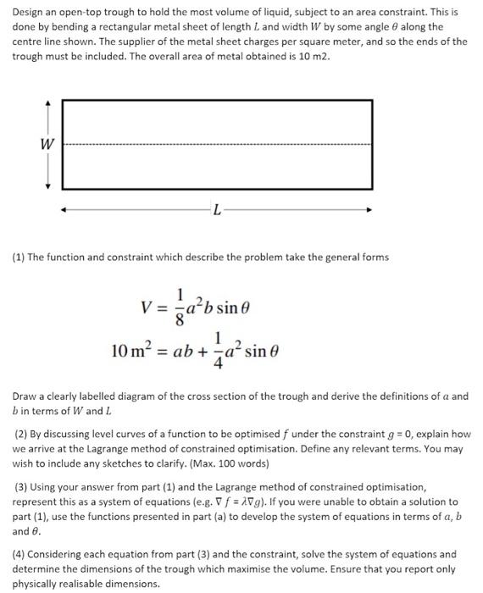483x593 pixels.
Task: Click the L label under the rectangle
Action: pos(218,211)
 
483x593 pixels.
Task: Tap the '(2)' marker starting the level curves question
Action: pos(22,435)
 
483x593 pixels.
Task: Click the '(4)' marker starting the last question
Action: pos(22,554)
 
